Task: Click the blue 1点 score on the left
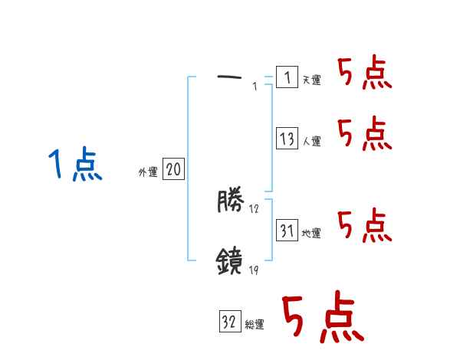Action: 74,165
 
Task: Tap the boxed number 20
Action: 173,169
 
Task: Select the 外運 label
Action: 147,172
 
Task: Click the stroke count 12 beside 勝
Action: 254,209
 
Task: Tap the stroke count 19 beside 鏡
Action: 254,270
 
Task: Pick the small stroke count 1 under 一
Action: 254,87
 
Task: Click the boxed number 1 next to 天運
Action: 286,77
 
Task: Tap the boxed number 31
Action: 287,230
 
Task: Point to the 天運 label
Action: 311,80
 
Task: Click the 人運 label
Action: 311,142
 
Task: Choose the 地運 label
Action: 311,234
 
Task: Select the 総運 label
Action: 254,325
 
